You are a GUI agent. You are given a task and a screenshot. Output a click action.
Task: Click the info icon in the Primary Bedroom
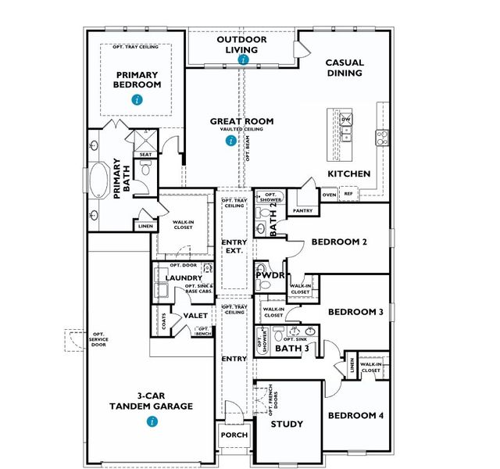pyautogui.click(x=137, y=99)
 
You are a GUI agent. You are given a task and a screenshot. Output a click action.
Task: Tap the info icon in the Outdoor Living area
pyautogui.click(x=243, y=59)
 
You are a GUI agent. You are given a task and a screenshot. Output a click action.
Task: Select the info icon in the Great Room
pyautogui.click(x=230, y=141)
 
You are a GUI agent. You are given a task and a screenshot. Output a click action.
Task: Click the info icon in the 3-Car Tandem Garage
pyautogui.click(x=152, y=421)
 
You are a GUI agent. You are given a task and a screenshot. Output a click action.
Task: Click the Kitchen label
pyautogui.click(x=348, y=174)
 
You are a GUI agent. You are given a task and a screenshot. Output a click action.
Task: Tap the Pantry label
pyautogui.click(x=302, y=211)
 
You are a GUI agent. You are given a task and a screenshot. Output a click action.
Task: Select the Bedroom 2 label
pyautogui.click(x=339, y=242)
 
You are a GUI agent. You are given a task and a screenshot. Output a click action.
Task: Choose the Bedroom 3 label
pyautogui.click(x=355, y=312)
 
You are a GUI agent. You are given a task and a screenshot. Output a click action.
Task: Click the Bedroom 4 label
pyautogui.click(x=355, y=415)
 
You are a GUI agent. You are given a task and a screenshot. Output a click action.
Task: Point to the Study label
pyautogui.click(x=287, y=424)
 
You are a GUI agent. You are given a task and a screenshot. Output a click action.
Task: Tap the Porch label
pyautogui.click(x=234, y=435)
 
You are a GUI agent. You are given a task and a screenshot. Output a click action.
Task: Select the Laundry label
pyautogui.click(x=184, y=277)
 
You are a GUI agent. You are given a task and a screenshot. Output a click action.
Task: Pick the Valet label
pyautogui.click(x=194, y=316)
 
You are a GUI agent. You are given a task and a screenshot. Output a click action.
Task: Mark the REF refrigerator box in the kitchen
pyautogui.click(x=348, y=193)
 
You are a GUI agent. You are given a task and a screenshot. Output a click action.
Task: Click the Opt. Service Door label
pyautogui.click(x=98, y=339)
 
